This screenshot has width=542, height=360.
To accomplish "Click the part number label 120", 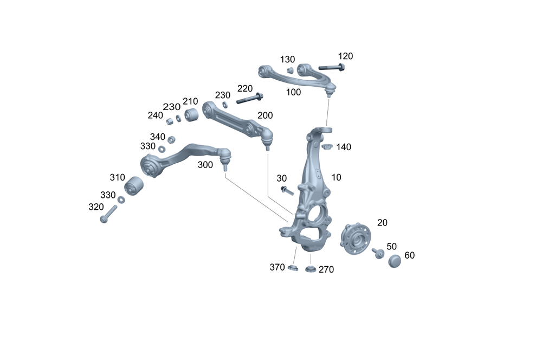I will pos(345,56).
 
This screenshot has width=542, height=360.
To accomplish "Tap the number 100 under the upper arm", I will pos(293,92).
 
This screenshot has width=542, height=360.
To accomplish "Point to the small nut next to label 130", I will pos(290,70).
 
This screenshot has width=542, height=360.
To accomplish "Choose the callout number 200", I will pos(265,115).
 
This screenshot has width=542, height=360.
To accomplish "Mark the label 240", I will pos(155,115).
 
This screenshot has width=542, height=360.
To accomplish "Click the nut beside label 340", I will pos(171,139).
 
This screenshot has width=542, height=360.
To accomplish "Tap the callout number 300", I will pos(205,165).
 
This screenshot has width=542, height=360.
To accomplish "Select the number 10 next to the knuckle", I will pos(337,177).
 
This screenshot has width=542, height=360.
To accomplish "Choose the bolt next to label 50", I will pos(378,253).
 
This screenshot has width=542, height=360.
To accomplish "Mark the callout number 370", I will pos(277,267).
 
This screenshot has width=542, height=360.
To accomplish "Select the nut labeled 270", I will pos(311,269).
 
